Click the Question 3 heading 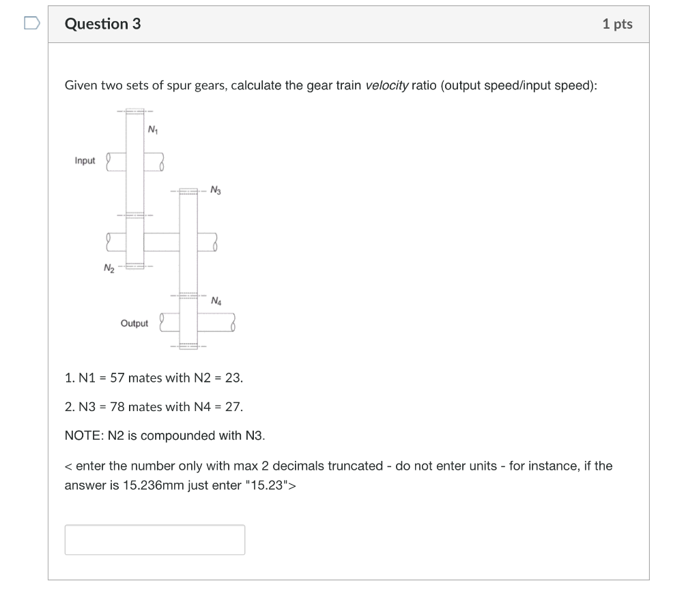tap(102, 24)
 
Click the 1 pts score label tap(617, 24)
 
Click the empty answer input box tap(154, 539)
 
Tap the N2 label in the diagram tap(109, 268)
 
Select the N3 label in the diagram tap(216, 190)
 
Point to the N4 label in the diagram tap(216, 300)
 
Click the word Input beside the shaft tap(85, 160)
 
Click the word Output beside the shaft tap(134, 323)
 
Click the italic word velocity tap(387, 85)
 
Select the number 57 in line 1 tap(117, 378)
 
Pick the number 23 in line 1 tap(233, 378)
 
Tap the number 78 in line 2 tap(117, 407)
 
